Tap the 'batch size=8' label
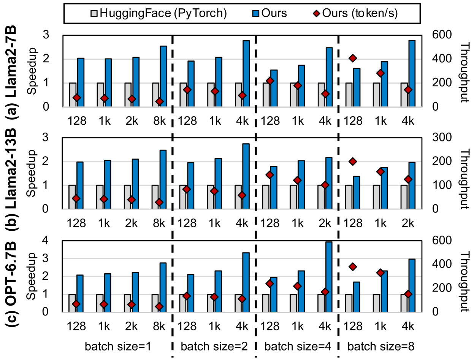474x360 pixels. tap(381, 346)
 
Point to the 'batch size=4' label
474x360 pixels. tap(296, 346)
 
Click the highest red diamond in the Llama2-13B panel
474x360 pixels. tap(353, 162)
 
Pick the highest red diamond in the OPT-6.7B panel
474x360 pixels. tap(353, 266)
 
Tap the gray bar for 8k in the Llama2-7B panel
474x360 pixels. tap(156, 95)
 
